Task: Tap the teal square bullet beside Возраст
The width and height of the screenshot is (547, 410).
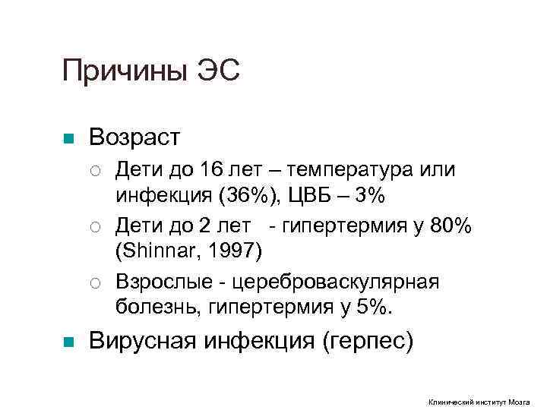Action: tap(68, 139)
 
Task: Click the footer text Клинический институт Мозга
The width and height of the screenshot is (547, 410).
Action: tap(479, 402)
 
